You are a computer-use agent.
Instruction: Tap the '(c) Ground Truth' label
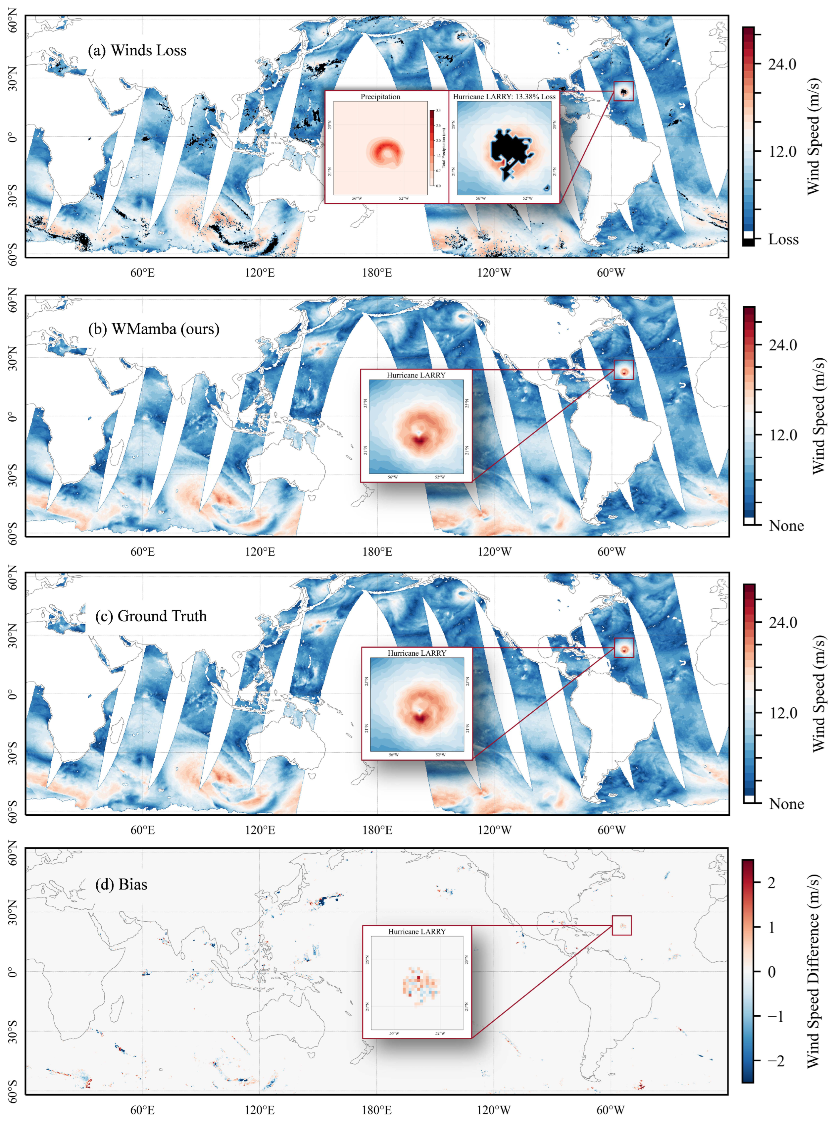point(151,616)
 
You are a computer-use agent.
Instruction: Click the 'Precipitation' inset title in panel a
point(380,97)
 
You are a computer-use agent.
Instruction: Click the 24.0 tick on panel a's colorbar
point(782,64)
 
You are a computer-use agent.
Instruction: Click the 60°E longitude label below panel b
point(142,552)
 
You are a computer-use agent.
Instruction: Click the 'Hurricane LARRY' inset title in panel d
point(417,931)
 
